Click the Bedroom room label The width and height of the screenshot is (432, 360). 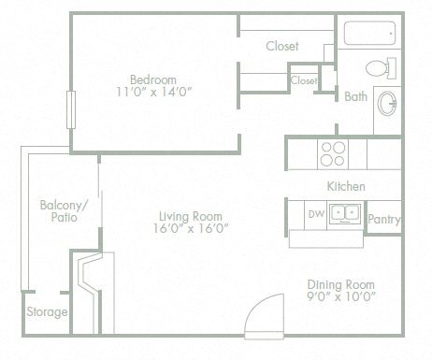(x=152, y=79)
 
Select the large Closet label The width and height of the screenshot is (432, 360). (x=281, y=46)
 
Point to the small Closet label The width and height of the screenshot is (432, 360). (x=304, y=81)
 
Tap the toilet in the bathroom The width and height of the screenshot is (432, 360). (x=378, y=69)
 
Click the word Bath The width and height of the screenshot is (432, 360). (x=355, y=96)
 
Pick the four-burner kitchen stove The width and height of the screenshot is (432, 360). (x=332, y=152)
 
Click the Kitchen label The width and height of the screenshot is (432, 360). (x=345, y=186)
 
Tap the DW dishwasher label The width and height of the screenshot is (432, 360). (x=315, y=214)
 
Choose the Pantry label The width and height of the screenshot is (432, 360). (x=384, y=221)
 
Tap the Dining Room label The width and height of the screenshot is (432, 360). (x=340, y=284)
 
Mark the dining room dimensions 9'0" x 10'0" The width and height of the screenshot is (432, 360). (x=340, y=297)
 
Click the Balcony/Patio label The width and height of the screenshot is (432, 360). (x=64, y=211)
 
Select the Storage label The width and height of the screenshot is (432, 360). (x=47, y=311)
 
